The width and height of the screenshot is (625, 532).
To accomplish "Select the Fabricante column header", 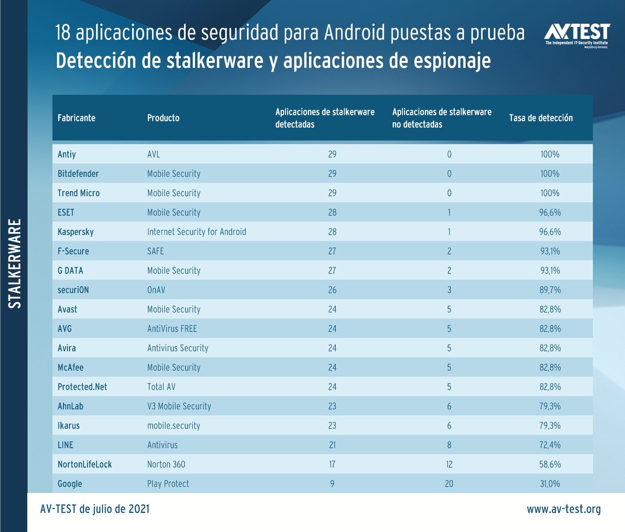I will (x=76, y=118).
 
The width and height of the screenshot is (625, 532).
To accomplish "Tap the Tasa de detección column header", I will (x=541, y=118).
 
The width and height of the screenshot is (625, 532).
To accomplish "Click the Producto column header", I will (x=163, y=118).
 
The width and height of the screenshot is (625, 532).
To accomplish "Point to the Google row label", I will (x=70, y=483).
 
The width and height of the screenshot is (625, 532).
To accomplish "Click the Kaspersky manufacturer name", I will (x=76, y=232).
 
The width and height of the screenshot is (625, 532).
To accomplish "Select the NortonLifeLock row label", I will (x=85, y=464).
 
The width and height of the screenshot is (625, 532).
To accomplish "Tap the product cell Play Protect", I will (x=168, y=483).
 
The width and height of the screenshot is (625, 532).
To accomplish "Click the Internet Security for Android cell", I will (x=197, y=232).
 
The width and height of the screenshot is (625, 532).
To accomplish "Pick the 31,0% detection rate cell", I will (x=549, y=483).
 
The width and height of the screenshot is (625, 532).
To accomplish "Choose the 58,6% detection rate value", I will (x=549, y=464).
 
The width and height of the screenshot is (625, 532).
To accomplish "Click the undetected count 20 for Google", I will (x=449, y=483).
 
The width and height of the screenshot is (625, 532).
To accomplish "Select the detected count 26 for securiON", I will (x=332, y=290).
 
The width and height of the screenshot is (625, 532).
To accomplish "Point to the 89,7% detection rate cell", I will (x=549, y=290).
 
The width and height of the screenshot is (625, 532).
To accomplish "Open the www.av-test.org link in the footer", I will (x=563, y=509).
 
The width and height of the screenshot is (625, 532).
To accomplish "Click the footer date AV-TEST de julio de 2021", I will (x=95, y=509).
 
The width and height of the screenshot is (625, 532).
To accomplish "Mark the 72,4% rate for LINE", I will (x=549, y=445).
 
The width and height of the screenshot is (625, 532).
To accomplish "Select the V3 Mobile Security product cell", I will (x=179, y=406).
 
